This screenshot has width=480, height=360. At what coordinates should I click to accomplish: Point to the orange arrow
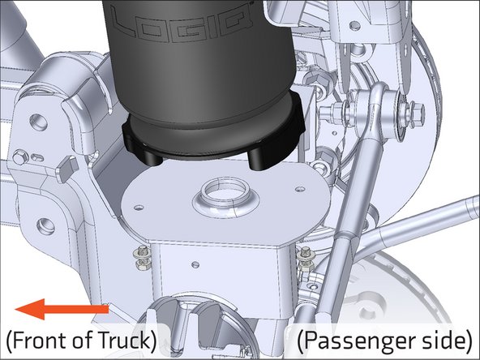[62, 309]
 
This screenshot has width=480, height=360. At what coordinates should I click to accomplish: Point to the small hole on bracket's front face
[194, 262]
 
